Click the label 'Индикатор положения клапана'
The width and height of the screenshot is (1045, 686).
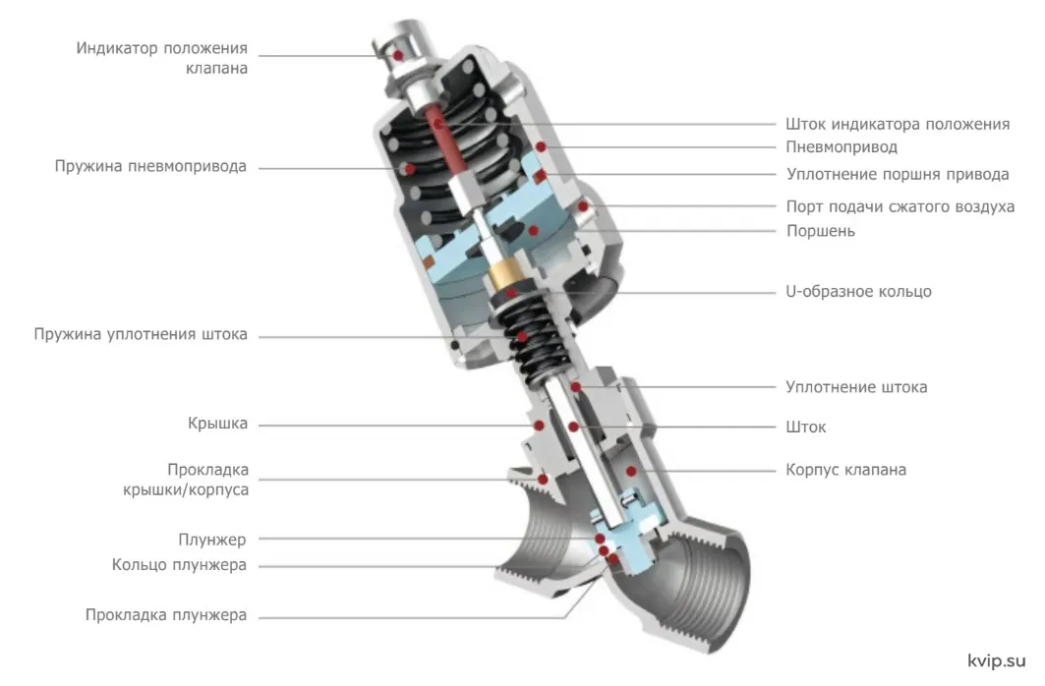tap(162, 58)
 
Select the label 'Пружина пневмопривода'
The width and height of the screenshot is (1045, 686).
tap(150, 166)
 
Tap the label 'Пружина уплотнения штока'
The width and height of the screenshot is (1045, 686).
tap(141, 334)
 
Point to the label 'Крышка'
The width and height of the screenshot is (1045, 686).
tap(217, 424)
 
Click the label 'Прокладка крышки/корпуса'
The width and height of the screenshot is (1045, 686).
tap(185, 480)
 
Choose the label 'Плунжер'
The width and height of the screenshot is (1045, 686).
tap(212, 540)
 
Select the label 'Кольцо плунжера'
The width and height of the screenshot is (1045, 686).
tap(179, 565)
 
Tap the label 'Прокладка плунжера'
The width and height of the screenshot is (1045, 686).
tap(166, 614)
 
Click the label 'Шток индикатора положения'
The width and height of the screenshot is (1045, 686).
tap(898, 125)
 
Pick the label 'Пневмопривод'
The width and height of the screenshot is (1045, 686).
tap(842, 147)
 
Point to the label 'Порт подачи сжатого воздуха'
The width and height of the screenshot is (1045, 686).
tap(900, 207)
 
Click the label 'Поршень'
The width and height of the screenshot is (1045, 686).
tap(821, 231)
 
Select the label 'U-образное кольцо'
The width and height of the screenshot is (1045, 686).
tap(858, 292)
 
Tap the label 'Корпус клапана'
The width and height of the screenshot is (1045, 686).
tap(845, 470)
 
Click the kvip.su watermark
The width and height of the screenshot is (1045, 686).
tap(997, 661)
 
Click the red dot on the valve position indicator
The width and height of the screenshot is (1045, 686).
tap(398, 55)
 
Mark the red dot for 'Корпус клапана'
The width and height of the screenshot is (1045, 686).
tap(630, 472)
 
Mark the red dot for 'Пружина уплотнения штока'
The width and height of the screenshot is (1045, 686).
tap(523, 337)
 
